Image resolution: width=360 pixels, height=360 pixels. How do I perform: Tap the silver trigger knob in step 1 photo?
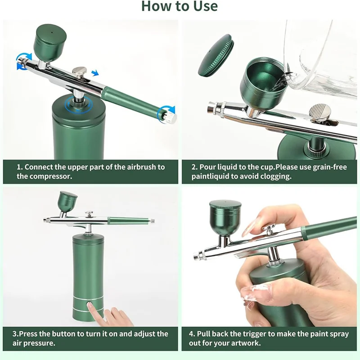(80, 71)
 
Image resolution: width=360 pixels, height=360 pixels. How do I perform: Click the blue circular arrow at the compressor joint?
(77, 104)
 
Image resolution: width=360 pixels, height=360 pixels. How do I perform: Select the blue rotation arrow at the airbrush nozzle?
(23, 61)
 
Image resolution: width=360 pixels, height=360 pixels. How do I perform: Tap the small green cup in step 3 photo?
(68, 202)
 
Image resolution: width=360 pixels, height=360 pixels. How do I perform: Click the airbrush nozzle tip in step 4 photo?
(196, 257)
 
